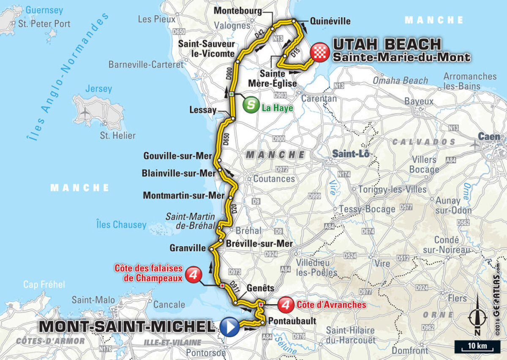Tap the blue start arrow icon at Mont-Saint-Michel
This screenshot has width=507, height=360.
pyautogui.click(x=229, y=327)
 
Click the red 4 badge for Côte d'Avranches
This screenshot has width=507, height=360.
pyautogui.click(x=287, y=304)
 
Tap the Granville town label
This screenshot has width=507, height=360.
pyautogui.click(x=188, y=248)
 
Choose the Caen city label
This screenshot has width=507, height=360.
pyautogui.click(x=489, y=136)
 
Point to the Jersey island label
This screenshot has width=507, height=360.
pyautogui.click(x=98, y=89)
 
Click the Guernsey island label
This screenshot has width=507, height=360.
pyautogui.click(x=44, y=10)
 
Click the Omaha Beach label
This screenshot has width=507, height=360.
pyautogui.click(x=400, y=80)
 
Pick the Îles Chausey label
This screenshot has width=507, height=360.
pyautogui.click(x=121, y=225)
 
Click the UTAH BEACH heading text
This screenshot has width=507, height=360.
pyautogui.click(x=387, y=44)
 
